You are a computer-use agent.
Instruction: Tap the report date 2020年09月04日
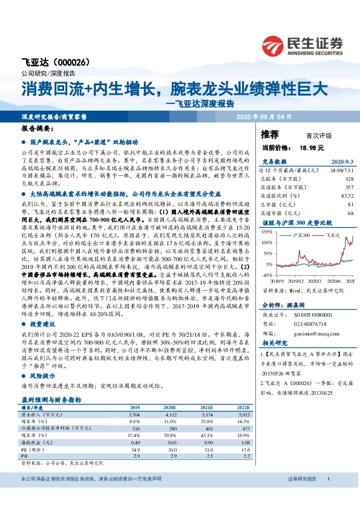265,116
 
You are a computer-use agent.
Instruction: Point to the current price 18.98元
311,147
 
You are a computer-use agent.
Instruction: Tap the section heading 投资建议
41,325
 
